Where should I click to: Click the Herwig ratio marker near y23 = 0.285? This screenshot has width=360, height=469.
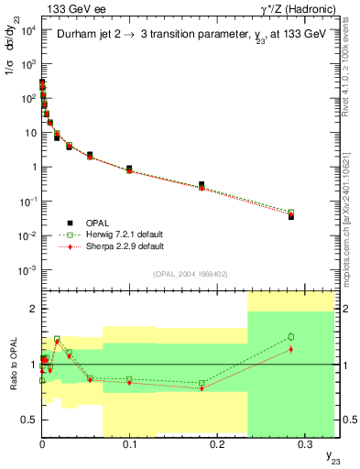click(x=290, y=337)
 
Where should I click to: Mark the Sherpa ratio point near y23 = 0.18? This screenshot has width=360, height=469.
click(x=201, y=388)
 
